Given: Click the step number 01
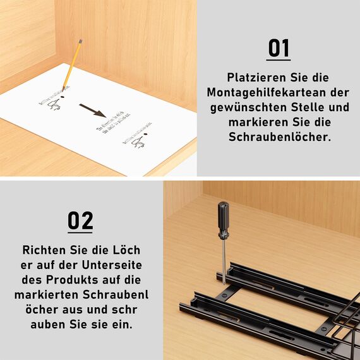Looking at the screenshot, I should (x=279, y=48).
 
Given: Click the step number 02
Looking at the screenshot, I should (x=81, y=221).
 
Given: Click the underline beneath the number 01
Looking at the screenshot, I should (x=279, y=61).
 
